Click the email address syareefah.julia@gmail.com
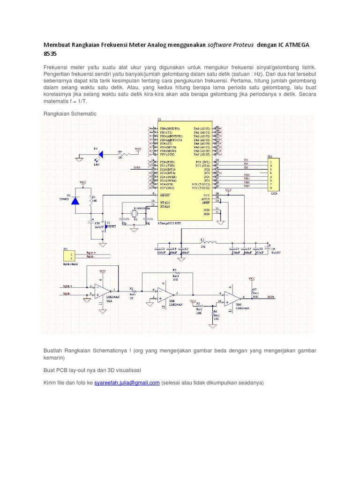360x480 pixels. [x=127, y=382]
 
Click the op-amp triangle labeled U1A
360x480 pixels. [x=101, y=290]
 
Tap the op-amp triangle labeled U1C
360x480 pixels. [x=231, y=297]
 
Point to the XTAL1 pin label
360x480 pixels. [x=164, y=206]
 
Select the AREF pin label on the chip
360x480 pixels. [x=206, y=202]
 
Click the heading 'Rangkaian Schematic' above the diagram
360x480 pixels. [x=70, y=113]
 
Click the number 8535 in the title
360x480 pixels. [x=50, y=54]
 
